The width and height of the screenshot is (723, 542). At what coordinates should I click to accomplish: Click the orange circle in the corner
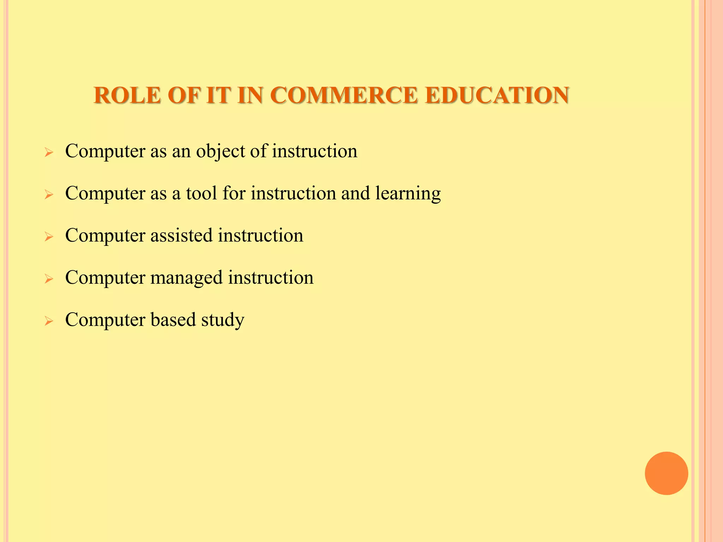pyautogui.click(x=666, y=473)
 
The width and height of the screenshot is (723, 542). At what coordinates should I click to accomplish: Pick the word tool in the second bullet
pyautogui.click(x=201, y=193)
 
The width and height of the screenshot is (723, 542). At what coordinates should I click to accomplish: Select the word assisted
pyautogui.click(x=181, y=235)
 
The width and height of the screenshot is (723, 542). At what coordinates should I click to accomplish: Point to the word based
pyautogui.click(x=173, y=320)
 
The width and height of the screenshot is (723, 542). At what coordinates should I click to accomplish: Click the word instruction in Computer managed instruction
pyautogui.click(x=270, y=278)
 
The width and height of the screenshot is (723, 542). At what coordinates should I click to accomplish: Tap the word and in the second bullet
pyautogui.click(x=355, y=193)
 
